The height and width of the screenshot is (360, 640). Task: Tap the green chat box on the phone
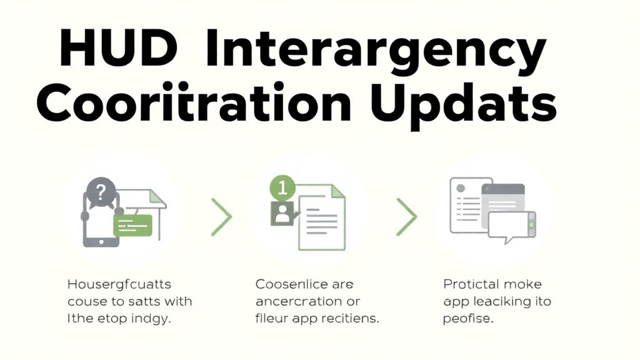[x=132, y=224]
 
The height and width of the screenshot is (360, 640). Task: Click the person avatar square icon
[x=282, y=215]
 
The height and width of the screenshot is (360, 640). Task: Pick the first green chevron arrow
[x=221, y=217]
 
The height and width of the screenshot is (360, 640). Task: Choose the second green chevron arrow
[x=406, y=217]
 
